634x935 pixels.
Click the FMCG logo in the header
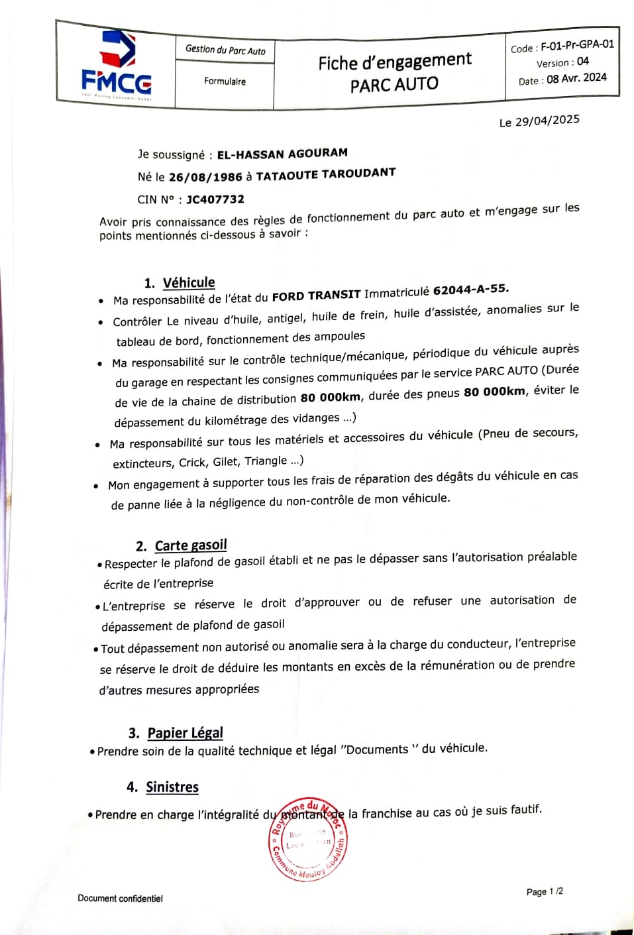pyautogui.click(x=117, y=66)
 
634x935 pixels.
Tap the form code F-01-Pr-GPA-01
pyautogui.click(x=577, y=45)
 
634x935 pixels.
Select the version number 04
pyautogui.click(x=582, y=62)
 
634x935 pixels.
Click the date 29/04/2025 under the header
pyautogui.click(x=547, y=121)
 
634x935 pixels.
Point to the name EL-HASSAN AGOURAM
pyautogui.click(x=282, y=153)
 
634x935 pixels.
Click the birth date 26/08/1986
pyautogui.click(x=205, y=177)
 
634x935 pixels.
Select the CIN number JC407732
pyautogui.click(x=215, y=199)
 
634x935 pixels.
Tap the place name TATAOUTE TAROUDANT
pyautogui.click(x=325, y=174)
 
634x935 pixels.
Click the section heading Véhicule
pyautogui.click(x=189, y=283)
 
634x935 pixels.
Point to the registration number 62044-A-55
pyautogui.click(x=470, y=290)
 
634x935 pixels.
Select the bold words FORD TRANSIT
pyautogui.click(x=316, y=296)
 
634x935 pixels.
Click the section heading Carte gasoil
pyautogui.click(x=191, y=545)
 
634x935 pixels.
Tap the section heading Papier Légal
pyautogui.click(x=185, y=733)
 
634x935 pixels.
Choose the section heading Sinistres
pyautogui.click(x=172, y=787)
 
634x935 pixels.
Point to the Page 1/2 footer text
pyautogui.click(x=545, y=892)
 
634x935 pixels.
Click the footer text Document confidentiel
pyautogui.click(x=120, y=899)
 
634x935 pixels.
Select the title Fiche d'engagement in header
pyautogui.click(x=395, y=62)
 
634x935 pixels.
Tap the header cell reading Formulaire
pyautogui.click(x=225, y=82)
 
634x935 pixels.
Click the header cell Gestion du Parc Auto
pyautogui.click(x=225, y=50)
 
